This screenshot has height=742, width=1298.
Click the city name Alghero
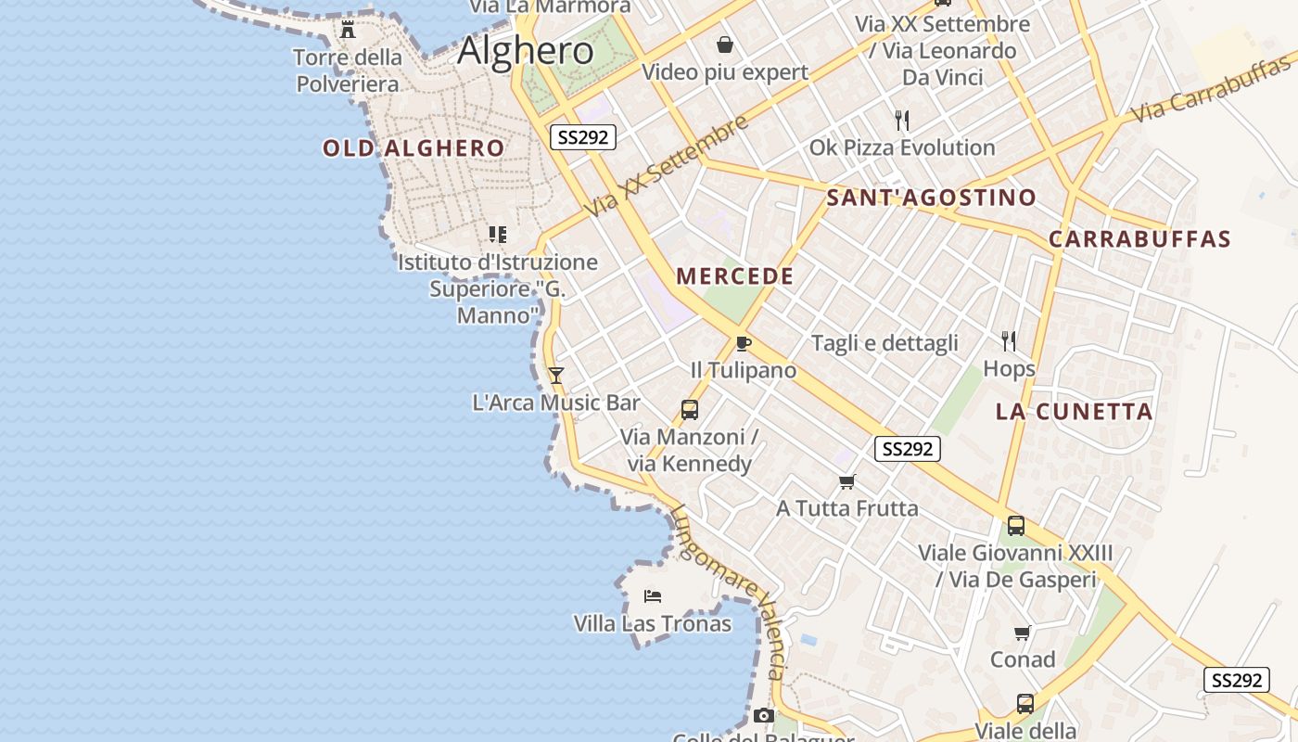[x=526, y=50]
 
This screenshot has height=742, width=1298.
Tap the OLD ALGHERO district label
[x=414, y=148]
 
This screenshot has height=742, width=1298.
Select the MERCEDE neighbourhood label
[x=735, y=276]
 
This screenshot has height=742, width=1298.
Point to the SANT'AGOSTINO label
[x=931, y=198]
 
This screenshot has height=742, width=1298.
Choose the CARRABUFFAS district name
[x=1139, y=239]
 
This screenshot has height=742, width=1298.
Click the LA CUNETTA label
[x=1075, y=412]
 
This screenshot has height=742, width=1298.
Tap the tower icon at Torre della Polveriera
[x=348, y=30]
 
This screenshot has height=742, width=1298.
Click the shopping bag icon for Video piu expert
[x=725, y=45]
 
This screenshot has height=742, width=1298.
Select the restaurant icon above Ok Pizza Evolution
[x=902, y=120]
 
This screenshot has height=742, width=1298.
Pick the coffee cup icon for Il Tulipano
[x=743, y=343]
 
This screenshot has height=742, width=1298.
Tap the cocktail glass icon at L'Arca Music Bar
[x=556, y=375]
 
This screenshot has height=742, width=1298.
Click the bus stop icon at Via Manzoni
[x=689, y=409]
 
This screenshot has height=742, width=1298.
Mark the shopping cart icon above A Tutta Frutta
[x=846, y=481]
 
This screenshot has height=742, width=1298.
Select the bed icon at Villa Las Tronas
[x=653, y=595]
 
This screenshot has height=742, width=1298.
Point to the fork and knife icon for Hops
[x=1009, y=341]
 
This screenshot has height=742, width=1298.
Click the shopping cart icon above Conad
[x=1023, y=633]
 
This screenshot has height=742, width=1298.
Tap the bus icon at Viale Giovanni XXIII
[x=1016, y=526]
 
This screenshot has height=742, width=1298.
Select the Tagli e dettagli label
[x=884, y=343]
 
